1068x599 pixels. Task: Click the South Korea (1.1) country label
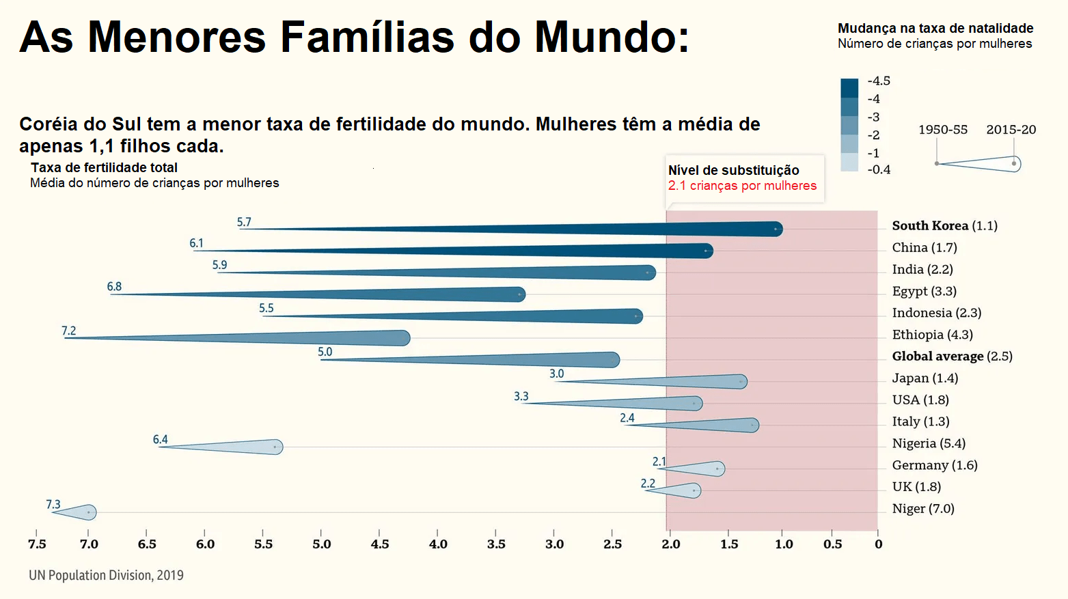(944, 225)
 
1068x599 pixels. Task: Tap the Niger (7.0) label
(922, 508)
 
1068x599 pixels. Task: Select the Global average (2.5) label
(952, 356)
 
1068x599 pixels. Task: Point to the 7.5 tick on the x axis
(37, 544)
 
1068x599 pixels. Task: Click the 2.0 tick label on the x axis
(670, 544)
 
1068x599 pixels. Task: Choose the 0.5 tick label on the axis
(832, 544)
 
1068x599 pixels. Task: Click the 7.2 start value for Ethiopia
(69, 331)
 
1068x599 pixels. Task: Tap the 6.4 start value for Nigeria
(161, 439)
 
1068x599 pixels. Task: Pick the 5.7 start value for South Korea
(244, 222)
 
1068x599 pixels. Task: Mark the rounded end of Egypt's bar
(519, 294)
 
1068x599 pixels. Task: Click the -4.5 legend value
(879, 81)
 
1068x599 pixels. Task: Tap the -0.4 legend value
(879, 169)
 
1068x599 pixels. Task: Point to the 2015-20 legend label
(1011, 130)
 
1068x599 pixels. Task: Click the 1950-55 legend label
(943, 130)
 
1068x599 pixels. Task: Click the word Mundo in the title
(612, 37)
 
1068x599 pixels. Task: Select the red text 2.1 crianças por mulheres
(742, 186)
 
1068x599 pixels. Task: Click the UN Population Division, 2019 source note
(106, 575)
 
